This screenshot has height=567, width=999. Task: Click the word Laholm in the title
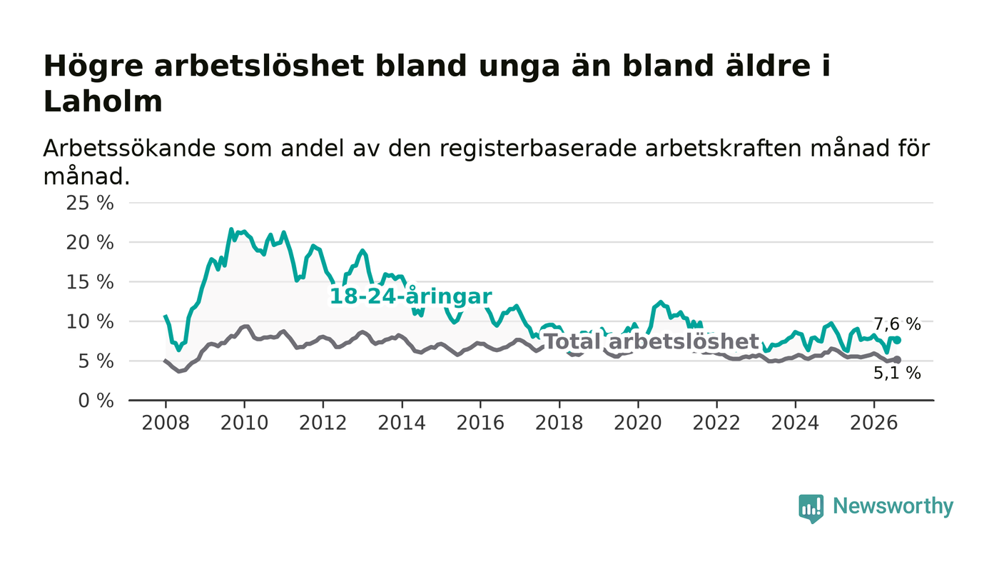(103, 101)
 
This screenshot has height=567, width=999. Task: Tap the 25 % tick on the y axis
(90, 203)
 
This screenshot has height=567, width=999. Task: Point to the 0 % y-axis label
(96, 401)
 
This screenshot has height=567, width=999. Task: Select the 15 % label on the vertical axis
(90, 282)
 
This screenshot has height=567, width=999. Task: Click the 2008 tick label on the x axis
(166, 423)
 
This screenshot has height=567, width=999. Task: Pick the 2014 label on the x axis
(402, 423)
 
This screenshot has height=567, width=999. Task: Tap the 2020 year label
(638, 423)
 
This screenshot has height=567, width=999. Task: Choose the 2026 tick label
(873, 423)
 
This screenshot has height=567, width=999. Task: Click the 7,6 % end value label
(897, 324)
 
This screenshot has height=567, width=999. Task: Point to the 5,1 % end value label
(897, 373)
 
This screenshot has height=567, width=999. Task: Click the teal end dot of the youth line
(898, 340)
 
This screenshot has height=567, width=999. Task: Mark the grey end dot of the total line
(898, 360)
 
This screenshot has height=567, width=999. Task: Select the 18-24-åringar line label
(411, 296)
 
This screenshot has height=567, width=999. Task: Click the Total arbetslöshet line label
(651, 342)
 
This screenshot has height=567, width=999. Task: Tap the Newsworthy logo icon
(811, 508)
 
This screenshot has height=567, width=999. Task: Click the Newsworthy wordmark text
(893, 506)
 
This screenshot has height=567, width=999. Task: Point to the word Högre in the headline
(93, 67)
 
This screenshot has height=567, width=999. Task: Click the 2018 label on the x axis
(559, 423)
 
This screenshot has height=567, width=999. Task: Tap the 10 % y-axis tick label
(90, 321)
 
